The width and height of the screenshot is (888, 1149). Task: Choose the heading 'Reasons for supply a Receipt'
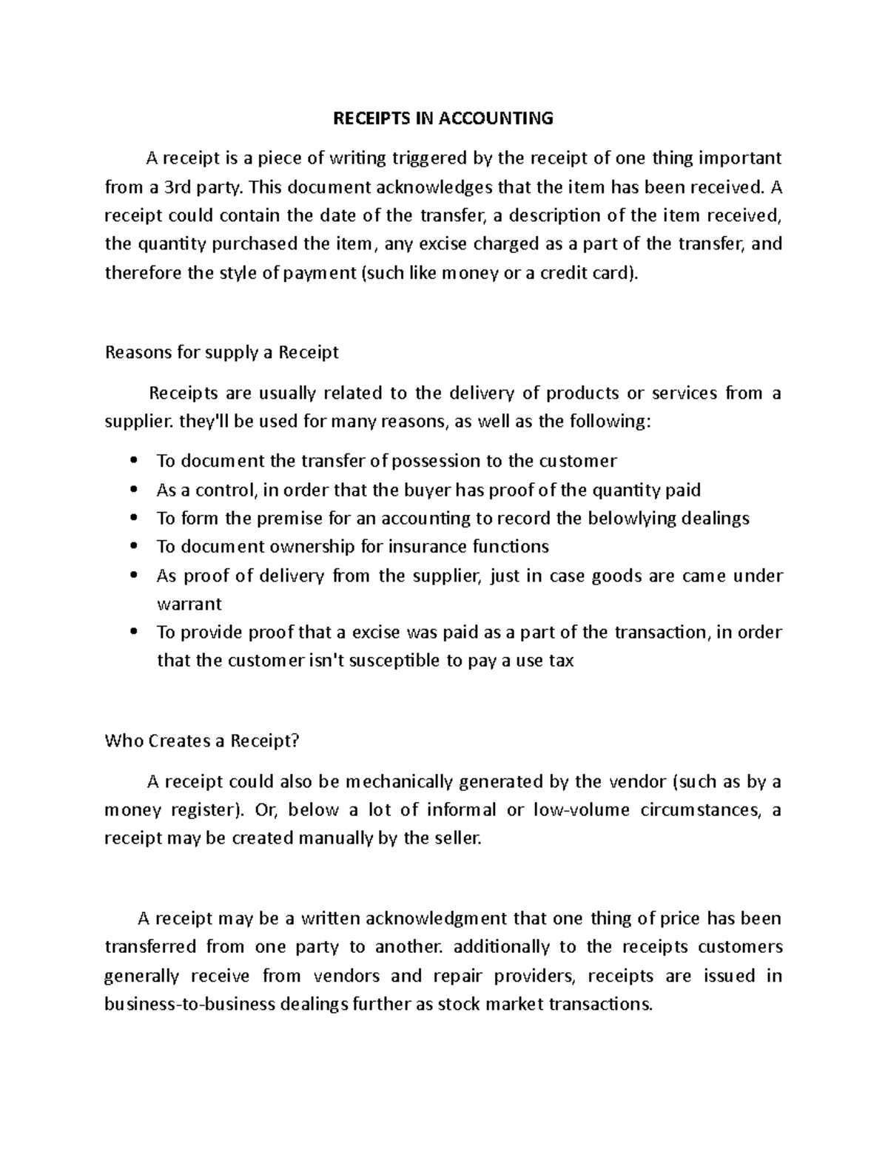tap(222, 352)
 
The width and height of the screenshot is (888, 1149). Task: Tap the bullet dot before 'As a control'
tap(134, 490)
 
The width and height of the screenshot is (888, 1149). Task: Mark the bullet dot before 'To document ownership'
tap(134, 547)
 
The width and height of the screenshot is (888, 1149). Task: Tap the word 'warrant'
tap(189, 604)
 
